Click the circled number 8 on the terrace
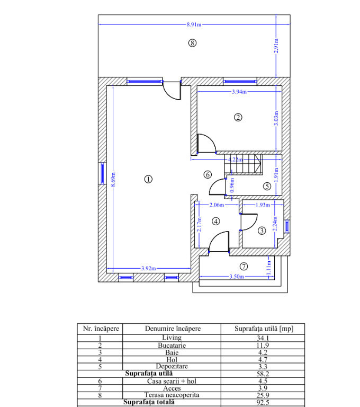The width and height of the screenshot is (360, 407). [192, 43]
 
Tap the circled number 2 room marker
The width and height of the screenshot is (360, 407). [238, 117]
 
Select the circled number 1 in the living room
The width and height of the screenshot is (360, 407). [148, 179]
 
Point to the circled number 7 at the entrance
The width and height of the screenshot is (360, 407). [244, 267]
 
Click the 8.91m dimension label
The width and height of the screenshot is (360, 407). [194, 25]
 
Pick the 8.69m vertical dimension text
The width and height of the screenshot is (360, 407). [113, 179]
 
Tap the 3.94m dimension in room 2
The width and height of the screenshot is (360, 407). [239, 92]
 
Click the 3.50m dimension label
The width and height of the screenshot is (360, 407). [237, 277]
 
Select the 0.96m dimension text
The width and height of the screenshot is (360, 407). [232, 185]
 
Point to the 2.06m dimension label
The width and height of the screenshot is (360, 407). [217, 205]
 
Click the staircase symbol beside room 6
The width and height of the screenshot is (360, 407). [243, 164]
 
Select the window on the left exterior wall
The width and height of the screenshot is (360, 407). [102, 173]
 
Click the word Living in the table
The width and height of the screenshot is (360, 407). [172, 338]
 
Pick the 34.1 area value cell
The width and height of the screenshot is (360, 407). [263, 338]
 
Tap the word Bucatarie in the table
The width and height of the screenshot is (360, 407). [172, 345]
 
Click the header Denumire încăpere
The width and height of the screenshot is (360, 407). [173, 329]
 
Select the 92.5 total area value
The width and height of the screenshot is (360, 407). [263, 402]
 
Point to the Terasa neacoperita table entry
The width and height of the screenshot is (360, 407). [172, 395]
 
